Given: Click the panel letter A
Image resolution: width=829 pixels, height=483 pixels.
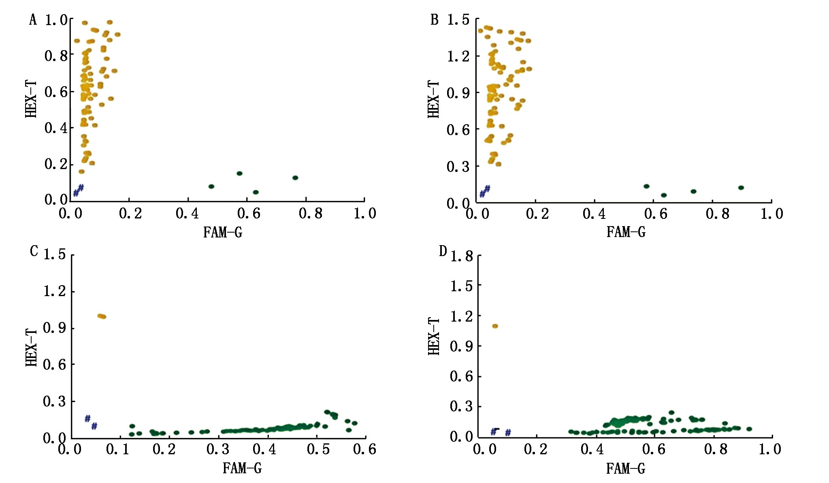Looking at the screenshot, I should [33, 19].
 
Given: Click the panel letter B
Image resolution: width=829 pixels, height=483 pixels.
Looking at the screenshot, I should [435, 19].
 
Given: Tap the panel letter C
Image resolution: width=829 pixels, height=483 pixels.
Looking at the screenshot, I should [34, 251].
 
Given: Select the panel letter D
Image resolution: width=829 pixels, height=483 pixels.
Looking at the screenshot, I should [443, 251].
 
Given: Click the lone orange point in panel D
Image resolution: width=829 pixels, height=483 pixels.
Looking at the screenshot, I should [495, 326].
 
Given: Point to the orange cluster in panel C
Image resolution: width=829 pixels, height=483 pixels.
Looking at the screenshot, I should [102, 316].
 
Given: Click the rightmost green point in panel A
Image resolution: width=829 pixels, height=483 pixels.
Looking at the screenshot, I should [295, 178].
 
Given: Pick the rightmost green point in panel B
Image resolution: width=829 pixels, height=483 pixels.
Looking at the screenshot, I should [741, 187].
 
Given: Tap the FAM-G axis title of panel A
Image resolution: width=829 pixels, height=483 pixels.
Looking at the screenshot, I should [223, 232].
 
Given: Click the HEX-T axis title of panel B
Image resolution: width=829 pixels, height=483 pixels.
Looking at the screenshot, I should [434, 99].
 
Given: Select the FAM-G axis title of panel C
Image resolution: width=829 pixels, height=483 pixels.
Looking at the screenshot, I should [242, 468].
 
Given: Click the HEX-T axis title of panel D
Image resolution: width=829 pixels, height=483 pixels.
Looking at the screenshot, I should [434, 337].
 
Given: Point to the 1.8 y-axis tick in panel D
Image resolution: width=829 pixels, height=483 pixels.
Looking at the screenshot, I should [462, 256].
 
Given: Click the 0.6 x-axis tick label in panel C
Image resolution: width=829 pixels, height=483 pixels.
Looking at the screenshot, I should [364, 449].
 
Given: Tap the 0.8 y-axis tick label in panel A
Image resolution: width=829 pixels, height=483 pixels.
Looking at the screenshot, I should [56, 55].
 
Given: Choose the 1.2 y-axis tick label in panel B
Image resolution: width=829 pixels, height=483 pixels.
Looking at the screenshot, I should [458, 56].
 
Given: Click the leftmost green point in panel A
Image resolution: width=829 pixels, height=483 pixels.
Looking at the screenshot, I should [211, 186].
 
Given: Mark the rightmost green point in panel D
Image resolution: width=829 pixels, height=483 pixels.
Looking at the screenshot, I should [749, 429].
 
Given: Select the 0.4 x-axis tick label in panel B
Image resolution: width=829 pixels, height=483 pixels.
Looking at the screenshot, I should [594, 214].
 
